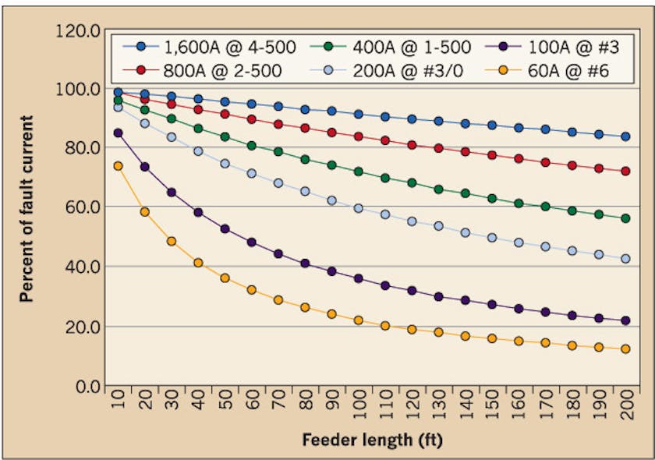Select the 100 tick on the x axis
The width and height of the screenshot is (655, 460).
(359, 408)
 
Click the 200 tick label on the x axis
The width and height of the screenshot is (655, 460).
(625, 408)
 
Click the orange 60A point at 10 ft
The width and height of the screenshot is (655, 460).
(119, 166)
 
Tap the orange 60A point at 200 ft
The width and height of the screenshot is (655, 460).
(625, 349)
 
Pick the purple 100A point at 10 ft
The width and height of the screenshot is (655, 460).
(119, 133)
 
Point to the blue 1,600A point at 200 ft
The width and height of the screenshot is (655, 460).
(625, 136)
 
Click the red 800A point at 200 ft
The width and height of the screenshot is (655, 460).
(625, 171)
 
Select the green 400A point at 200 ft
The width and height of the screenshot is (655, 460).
(625, 218)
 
